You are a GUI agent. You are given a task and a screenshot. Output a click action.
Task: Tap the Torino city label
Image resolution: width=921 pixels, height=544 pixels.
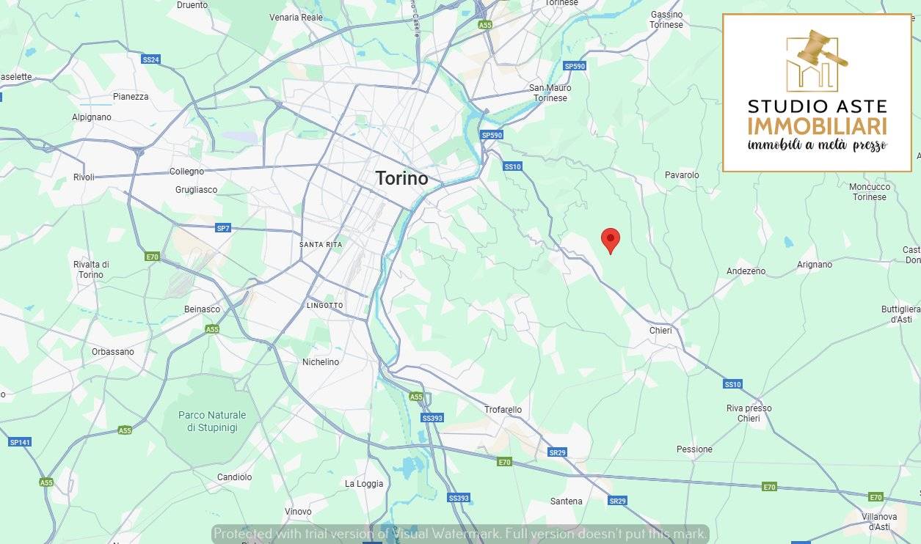(401, 178)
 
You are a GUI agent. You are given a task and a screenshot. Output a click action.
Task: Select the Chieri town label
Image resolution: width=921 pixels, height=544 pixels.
(660, 331)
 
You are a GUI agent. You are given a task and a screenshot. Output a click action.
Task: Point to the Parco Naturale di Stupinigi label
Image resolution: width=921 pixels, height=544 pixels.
(212, 421)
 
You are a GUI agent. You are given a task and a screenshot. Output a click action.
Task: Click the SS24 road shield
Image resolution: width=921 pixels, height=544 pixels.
(150, 59)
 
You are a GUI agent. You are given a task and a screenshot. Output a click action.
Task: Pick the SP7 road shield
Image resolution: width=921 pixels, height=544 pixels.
(223, 228)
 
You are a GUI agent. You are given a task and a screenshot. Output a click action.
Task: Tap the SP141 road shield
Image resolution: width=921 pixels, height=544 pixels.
(20, 442)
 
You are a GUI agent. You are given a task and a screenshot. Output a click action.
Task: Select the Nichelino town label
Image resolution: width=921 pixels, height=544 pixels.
(321, 362)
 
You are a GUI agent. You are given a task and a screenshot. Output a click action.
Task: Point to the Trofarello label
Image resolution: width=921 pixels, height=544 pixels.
(503, 410)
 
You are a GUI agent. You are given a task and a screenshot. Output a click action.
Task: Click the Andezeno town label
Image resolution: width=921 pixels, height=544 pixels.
(746, 271)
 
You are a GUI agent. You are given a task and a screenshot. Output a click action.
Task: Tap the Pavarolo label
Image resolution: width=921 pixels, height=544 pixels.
(682, 175)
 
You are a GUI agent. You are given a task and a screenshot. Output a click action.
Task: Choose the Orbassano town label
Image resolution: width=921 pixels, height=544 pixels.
(113, 352)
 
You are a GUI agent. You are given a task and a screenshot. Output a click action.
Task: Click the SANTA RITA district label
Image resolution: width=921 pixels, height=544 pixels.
(321, 244)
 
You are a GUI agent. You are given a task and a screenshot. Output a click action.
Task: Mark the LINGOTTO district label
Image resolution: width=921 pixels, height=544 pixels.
(324, 305)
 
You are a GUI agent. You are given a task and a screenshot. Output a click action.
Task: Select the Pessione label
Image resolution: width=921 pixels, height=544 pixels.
(694, 449)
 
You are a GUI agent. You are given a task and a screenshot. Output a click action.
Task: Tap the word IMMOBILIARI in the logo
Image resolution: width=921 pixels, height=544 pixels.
(817, 125)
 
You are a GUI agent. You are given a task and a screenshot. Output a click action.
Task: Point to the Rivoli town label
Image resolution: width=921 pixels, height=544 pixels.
(84, 177)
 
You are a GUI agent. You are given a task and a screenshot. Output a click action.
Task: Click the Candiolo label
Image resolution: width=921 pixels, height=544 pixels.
(234, 477)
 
